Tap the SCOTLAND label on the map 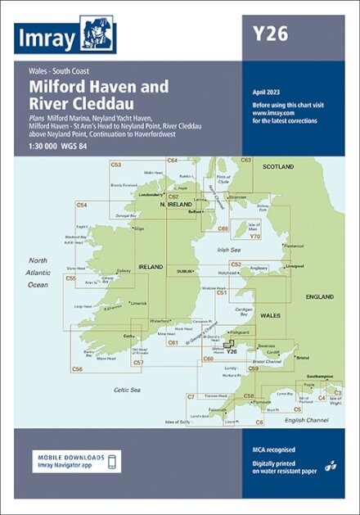pos(277,166)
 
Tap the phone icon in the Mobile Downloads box pos(114,461)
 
